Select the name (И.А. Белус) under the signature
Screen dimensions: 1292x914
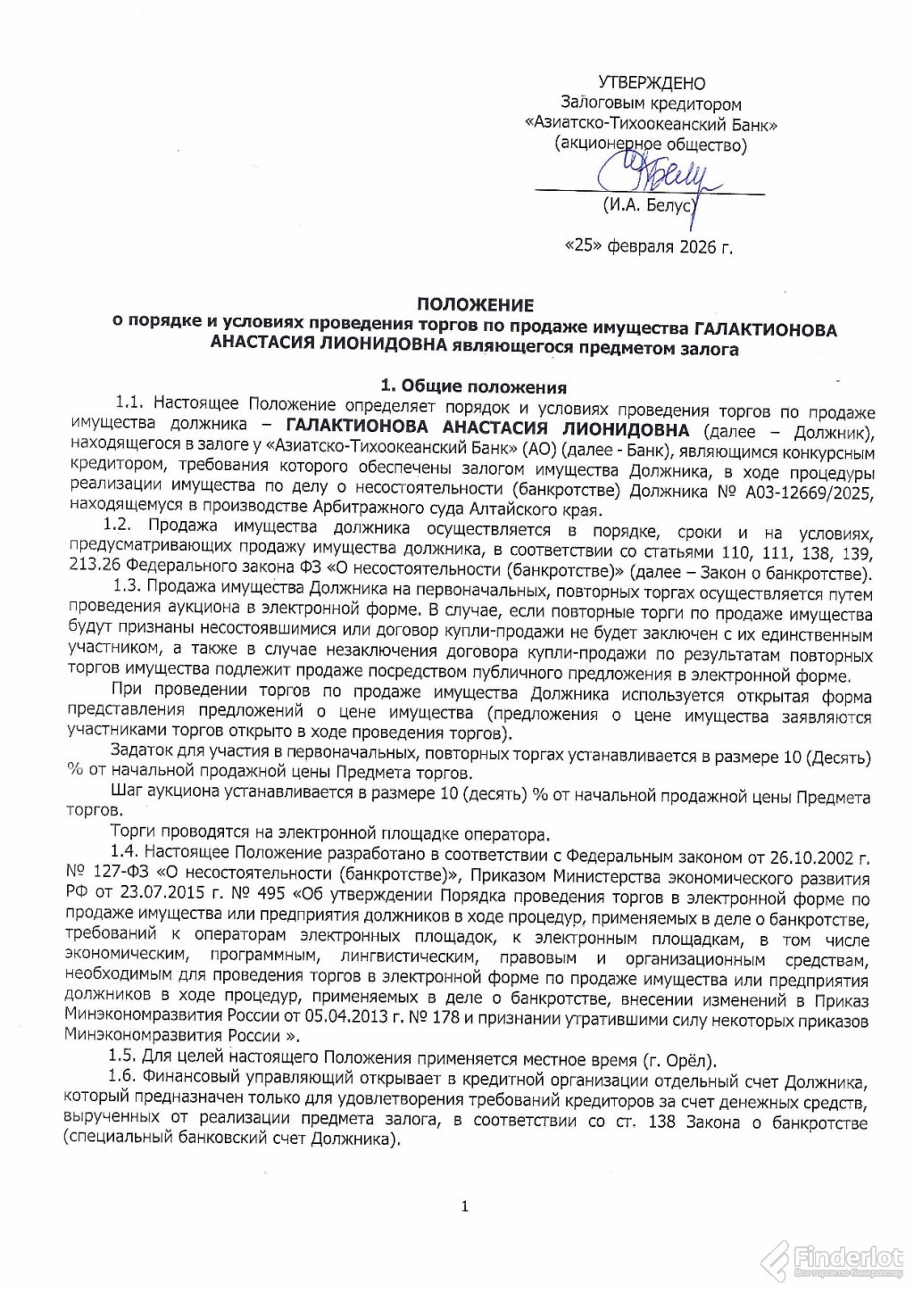pyautogui.click(x=648, y=206)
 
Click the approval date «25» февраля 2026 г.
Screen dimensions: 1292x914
pyautogui.click(x=649, y=246)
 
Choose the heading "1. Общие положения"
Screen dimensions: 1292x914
pyautogui.click(x=473, y=386)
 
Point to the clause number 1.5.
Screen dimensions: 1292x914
pyautogui.click(x=125, y=1058)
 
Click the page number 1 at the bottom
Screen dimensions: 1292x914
pyautogui.click(x=464, y=1207)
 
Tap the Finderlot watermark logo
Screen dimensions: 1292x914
pyautogui.click(x=834, y=1259)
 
